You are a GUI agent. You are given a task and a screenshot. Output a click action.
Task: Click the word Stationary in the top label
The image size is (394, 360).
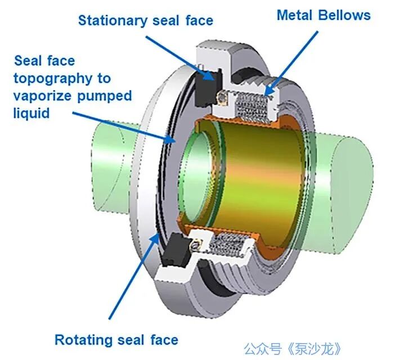click(x=113, y=21)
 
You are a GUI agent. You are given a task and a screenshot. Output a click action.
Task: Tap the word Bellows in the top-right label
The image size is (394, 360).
click(x=344, y=15)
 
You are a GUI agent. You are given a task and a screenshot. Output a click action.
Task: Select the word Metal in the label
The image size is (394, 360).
click(x=295, y=15)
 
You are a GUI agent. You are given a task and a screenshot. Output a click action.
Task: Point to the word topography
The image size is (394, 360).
click(x=53, y=79)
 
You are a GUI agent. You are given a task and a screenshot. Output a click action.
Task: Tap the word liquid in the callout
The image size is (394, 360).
click(x=32, y=112)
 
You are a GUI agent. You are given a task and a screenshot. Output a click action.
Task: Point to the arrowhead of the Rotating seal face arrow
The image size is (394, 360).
click(x=155, y=237)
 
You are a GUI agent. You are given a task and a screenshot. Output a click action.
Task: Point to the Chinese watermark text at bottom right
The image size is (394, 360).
click(x=293, y=349)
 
